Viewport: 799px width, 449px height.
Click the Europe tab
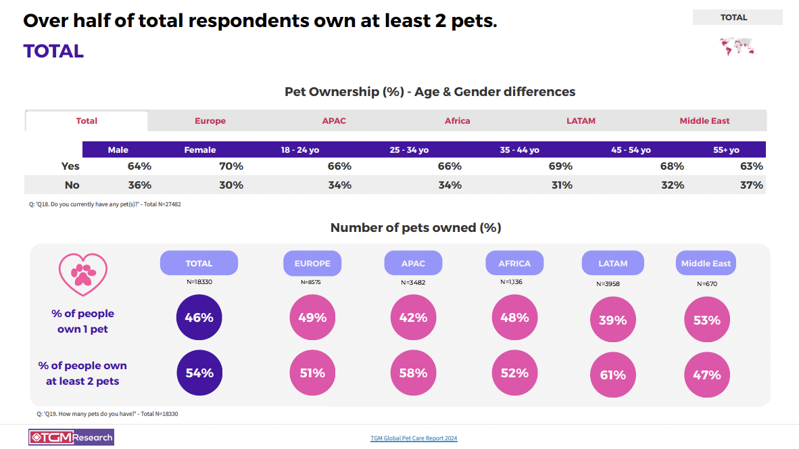click(x=210, y=121)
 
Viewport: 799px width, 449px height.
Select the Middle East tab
click(x=704, y=121)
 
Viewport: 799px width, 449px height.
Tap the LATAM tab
click(x=581, y=121)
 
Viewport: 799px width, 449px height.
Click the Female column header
click(x=200, y=150)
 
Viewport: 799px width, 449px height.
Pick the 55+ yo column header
click(x=726, y=150)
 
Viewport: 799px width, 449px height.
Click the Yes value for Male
click(x=139, y=166)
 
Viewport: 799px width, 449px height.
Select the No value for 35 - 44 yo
click(x=561, y=185)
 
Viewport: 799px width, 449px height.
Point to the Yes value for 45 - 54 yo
click(x=672, y=166)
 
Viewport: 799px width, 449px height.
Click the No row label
click(x=72, y=185)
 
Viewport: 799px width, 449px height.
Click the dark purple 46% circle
click(x=199, y=316)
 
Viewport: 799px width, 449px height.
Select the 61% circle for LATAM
click(x=613, y=375)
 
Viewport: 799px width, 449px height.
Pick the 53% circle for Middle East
click(x=706, y=320)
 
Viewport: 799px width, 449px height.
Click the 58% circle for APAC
click(x=413, y=373)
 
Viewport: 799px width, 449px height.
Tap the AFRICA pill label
click(x=514, y=263)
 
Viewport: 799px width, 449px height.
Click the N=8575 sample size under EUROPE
click(x=310, y=282)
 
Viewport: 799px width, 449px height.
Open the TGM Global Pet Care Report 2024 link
click(x=414, y=438)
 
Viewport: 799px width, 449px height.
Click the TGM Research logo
click(x=71, y=438)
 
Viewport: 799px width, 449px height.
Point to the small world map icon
click(x=737, y=47)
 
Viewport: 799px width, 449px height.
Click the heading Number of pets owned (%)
click(x=416, y=228)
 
